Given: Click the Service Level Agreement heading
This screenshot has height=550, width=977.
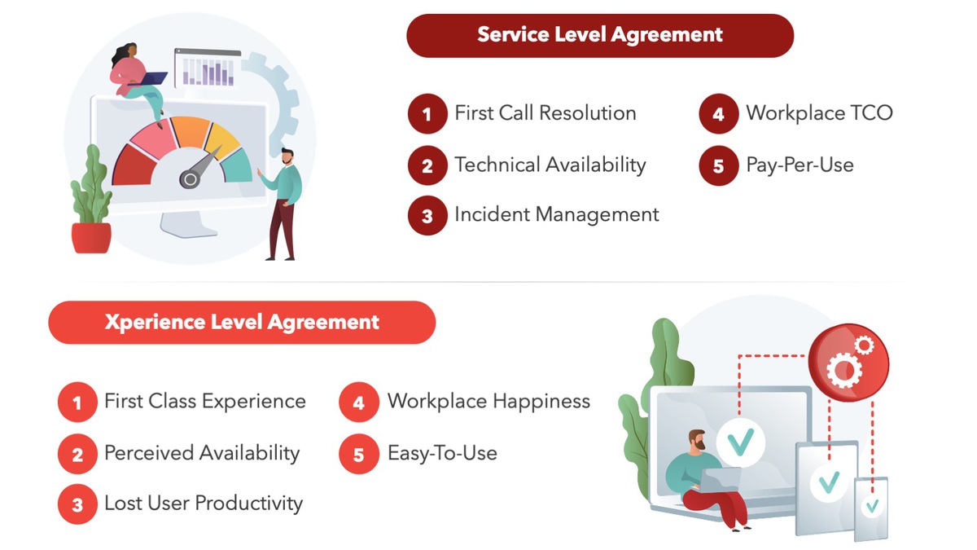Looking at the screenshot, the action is (600, 35).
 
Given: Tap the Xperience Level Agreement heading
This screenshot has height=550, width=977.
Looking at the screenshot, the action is (242, 323).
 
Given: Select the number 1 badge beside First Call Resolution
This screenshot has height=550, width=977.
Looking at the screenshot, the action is (427, 113).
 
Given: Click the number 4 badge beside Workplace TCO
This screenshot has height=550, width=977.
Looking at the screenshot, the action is (719, 113).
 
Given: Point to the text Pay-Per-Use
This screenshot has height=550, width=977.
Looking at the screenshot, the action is (800, 165).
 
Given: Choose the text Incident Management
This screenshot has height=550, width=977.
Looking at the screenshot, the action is (557, 214).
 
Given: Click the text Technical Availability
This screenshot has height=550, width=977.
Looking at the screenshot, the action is (550, 165).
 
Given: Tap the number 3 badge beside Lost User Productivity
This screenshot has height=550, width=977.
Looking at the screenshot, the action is (77, 504).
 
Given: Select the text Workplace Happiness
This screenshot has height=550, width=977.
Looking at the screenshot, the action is (489, 401).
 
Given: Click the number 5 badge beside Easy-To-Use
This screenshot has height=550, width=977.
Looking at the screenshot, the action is (359, 454).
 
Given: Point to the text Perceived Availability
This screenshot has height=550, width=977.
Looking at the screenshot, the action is (202, 453).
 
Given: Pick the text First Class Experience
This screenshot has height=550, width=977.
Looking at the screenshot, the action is (205, 401).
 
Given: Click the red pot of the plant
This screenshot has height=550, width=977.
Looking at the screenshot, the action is (91, 237).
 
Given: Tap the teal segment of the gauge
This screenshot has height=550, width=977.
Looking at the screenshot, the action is (238, 166).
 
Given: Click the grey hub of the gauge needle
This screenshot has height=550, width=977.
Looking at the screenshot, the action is (190, 179).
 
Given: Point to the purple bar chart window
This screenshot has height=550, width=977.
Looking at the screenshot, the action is (208, 68).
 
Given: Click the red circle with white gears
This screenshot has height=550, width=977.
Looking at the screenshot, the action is (848, 363).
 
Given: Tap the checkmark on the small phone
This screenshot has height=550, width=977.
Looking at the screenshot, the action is (872, 506).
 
